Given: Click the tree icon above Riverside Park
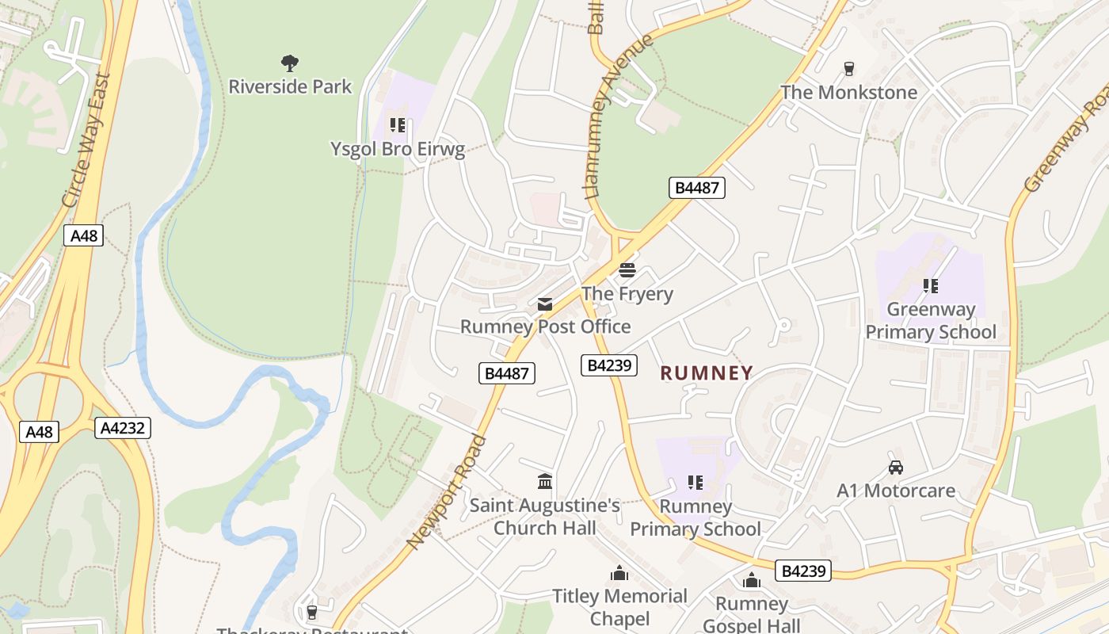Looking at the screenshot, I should [x=290, y=63].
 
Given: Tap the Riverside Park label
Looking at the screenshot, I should [x=290, y=86].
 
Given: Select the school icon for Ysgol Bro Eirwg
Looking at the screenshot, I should [x=398, y=125].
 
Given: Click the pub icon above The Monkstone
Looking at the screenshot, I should [x=849, y=69].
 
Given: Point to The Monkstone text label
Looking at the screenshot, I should [x=849, y=93].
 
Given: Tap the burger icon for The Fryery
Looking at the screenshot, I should [x=627, y=270].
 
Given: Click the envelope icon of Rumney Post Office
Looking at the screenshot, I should [x=545, y=304].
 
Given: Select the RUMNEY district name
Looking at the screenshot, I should [x=707, y=373].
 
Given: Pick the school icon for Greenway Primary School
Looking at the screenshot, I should [x=931, y=286].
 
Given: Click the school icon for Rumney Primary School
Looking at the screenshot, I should [x=695, y=483].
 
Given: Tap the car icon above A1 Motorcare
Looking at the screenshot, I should [x=896, y=468].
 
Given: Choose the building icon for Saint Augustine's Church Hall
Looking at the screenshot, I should [x=545, y=482].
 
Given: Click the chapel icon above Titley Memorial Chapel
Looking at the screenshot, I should [x=619, y=573].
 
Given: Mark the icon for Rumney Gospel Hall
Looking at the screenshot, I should [x=752, y=581].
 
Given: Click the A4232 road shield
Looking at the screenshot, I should [x=123, y=428].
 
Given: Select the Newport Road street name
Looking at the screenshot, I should [x=446, y=491].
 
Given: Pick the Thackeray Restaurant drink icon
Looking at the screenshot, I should [x=311, y=612].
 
